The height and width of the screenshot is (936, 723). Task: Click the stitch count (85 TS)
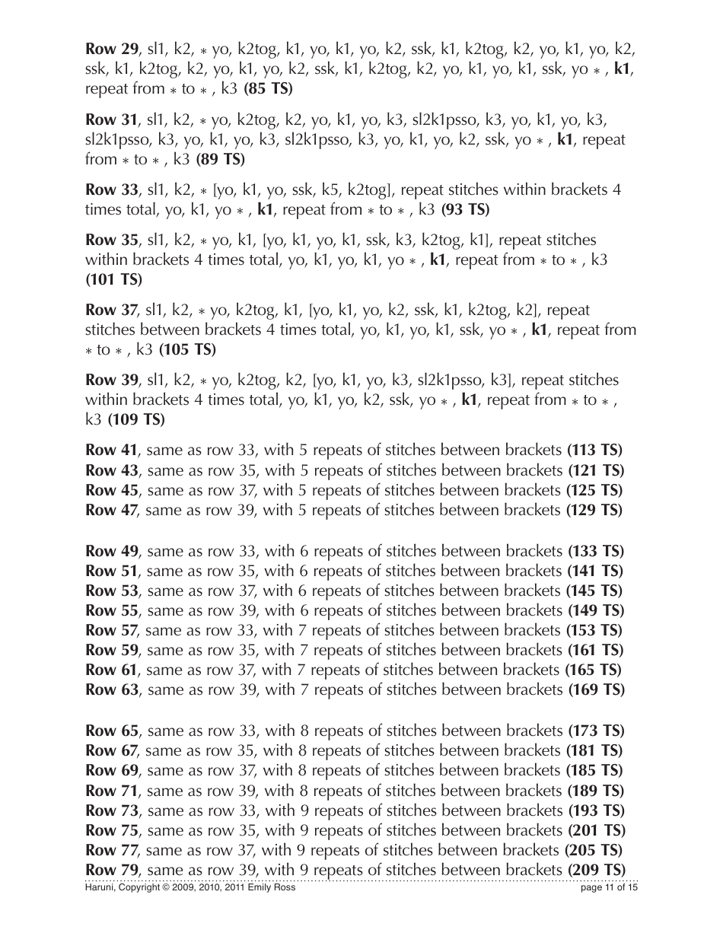[268, 89]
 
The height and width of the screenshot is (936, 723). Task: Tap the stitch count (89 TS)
[220, 159]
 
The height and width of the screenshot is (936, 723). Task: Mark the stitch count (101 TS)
[113, 279]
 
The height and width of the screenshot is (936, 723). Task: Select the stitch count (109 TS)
[136, 419]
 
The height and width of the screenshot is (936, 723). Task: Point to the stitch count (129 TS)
[594, 510]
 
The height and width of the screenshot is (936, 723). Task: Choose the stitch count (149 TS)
[596, 610]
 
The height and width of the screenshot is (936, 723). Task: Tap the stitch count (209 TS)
[596, 869]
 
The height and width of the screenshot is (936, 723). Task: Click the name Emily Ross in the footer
[274, 887]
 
